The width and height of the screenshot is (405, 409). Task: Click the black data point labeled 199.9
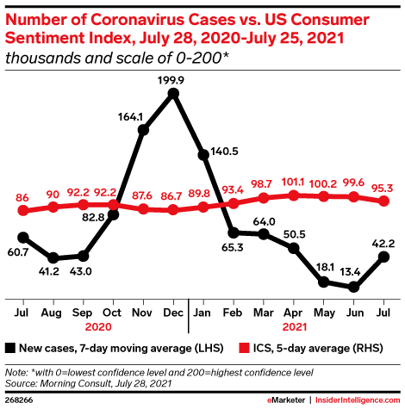(173, 94)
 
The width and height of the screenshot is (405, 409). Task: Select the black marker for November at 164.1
(143, 130)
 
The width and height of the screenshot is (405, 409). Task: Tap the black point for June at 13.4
(353, 288)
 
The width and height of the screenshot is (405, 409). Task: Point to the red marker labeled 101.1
(294, 195)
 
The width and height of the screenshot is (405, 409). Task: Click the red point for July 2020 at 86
(23, 211)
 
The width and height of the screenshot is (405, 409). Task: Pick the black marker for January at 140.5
(203, 155)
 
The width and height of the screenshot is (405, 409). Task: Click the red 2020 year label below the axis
(98, 328)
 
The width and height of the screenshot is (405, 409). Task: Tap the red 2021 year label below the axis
(294, 328)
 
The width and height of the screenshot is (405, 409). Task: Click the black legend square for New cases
(10, 348)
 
